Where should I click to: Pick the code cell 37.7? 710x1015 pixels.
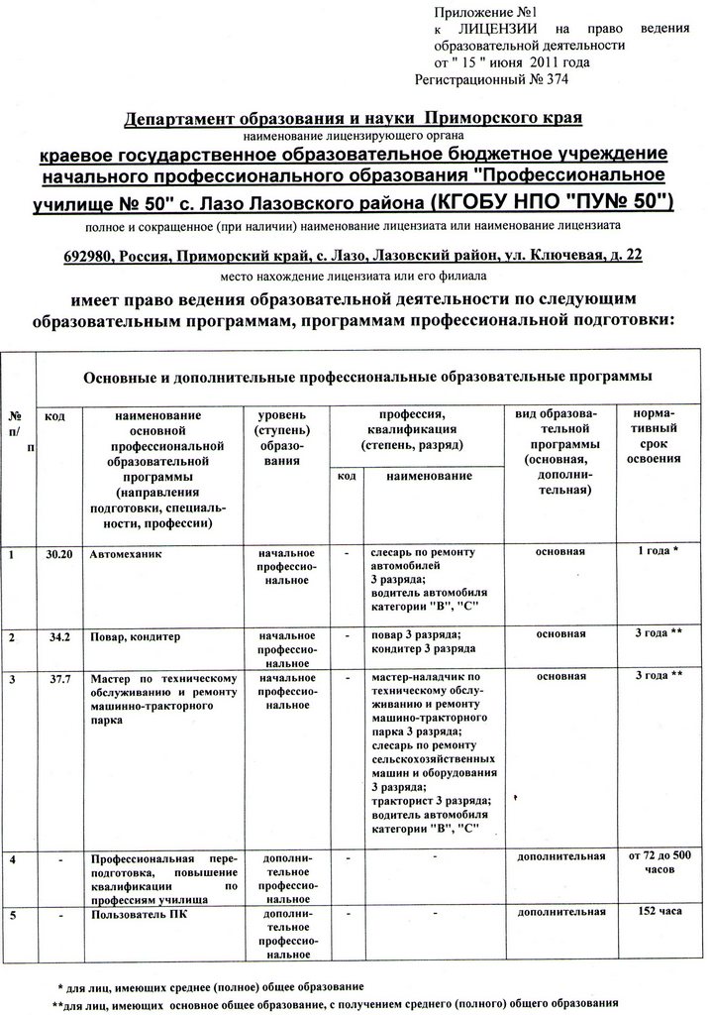(59, 677)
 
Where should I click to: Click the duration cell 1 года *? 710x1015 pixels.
(654, 551)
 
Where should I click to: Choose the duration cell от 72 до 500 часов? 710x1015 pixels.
(654, 861)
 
